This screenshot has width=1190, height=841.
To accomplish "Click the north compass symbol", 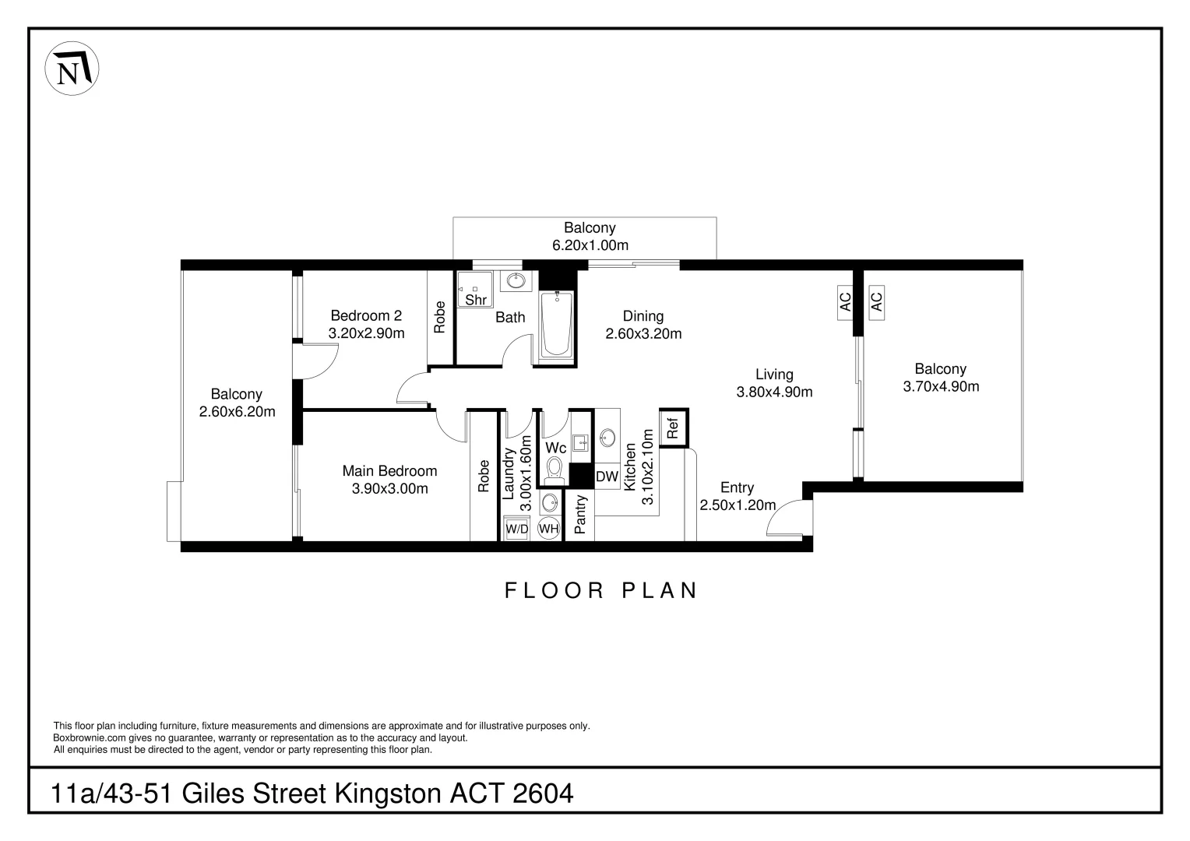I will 72,71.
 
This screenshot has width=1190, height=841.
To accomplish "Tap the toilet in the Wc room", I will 555,470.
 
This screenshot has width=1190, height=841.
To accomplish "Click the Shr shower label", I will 475,300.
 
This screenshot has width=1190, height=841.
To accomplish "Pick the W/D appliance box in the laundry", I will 517,529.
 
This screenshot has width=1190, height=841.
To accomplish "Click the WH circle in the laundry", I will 549,529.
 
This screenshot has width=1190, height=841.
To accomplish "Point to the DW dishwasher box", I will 607,477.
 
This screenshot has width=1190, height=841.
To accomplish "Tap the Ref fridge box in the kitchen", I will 674,428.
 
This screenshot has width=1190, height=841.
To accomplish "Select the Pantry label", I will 579,515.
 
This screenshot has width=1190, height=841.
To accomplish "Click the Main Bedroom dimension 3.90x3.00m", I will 389,489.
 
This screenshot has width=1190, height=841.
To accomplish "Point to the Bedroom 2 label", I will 366,315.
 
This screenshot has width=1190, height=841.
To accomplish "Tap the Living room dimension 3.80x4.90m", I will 774,392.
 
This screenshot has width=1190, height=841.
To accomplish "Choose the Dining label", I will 643,316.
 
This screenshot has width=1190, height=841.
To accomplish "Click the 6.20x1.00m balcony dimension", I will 590,245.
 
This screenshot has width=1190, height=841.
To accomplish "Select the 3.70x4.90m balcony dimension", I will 941,386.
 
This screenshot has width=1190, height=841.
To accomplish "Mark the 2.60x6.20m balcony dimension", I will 237,412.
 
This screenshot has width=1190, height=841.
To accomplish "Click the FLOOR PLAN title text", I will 601,590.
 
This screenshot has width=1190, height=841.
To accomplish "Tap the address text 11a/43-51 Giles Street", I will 312,793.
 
